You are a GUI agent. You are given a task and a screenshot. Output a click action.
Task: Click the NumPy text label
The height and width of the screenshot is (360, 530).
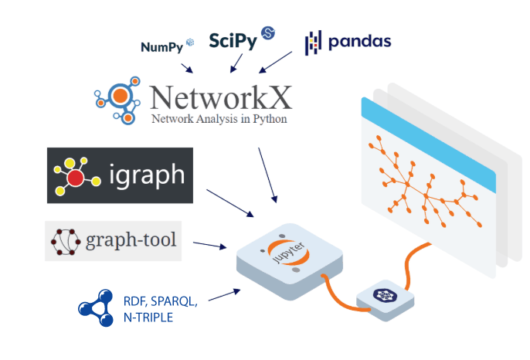pos(161,46)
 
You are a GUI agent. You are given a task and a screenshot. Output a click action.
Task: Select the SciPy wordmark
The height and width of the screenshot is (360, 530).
pos(233,41)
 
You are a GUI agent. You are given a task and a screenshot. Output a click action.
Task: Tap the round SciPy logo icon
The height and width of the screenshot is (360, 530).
pos(268,32)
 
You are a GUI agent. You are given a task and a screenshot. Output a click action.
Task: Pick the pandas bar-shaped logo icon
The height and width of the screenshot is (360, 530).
pos(312,42)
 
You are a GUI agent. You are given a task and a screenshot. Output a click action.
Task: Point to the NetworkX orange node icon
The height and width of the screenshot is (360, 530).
pos(121,97)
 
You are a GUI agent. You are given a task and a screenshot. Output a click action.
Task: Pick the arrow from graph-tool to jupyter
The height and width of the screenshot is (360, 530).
pos(209,246)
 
